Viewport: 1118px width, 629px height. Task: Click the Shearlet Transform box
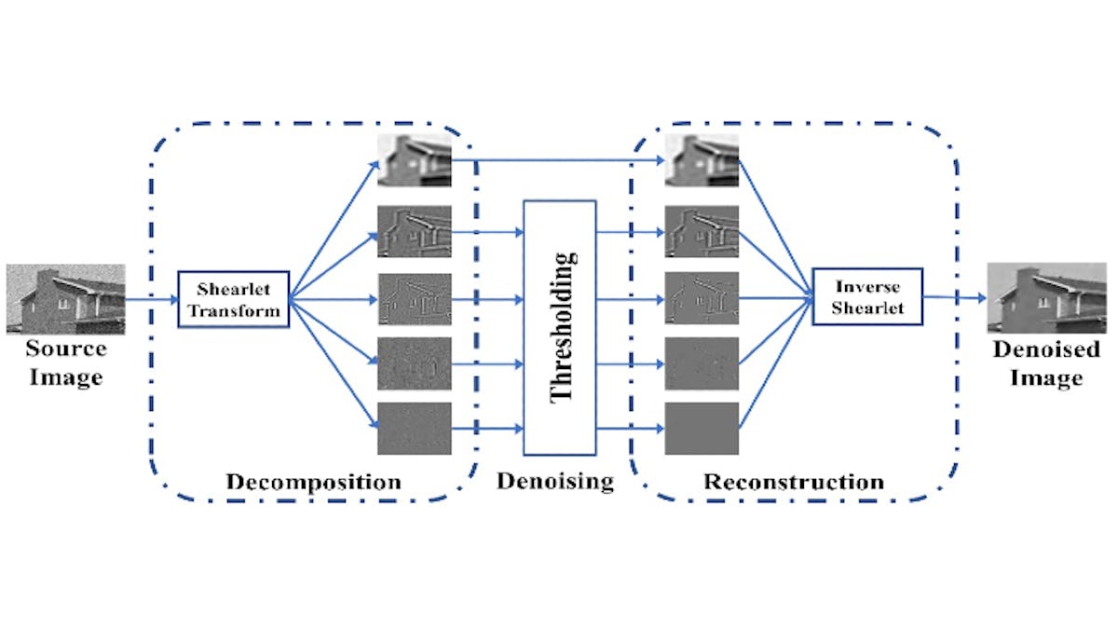(x=234, y=300)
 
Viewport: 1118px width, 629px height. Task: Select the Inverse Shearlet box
(x=867, y=296)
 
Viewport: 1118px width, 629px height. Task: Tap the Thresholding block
(x=559, y=326)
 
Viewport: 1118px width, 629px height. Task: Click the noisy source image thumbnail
(x=65, y=298)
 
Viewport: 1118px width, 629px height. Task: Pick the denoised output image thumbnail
(x=1047, y=296)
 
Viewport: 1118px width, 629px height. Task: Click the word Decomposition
(x=313, y=482)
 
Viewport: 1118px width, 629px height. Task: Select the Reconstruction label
(x=793, y=482)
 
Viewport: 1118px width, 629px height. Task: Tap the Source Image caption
(x=65, y=363)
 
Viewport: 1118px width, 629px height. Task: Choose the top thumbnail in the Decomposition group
(x=415, y=159)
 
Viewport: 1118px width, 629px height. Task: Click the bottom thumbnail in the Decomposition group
(x=415, y=428)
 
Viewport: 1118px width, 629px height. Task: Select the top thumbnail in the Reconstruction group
(x=702, y=159)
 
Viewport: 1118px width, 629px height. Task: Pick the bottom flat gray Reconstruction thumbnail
(x=702, y=428)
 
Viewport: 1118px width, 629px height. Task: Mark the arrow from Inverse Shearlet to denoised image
(x=955, y=298)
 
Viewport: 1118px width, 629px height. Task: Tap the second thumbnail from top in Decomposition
(x=415, y=231)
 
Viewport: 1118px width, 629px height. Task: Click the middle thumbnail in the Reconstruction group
(x=702, y=298)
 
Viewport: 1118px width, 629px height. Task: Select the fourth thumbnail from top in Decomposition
(x=415, y=363)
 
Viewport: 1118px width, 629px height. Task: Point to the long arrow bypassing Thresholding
(x=559, y=160)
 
